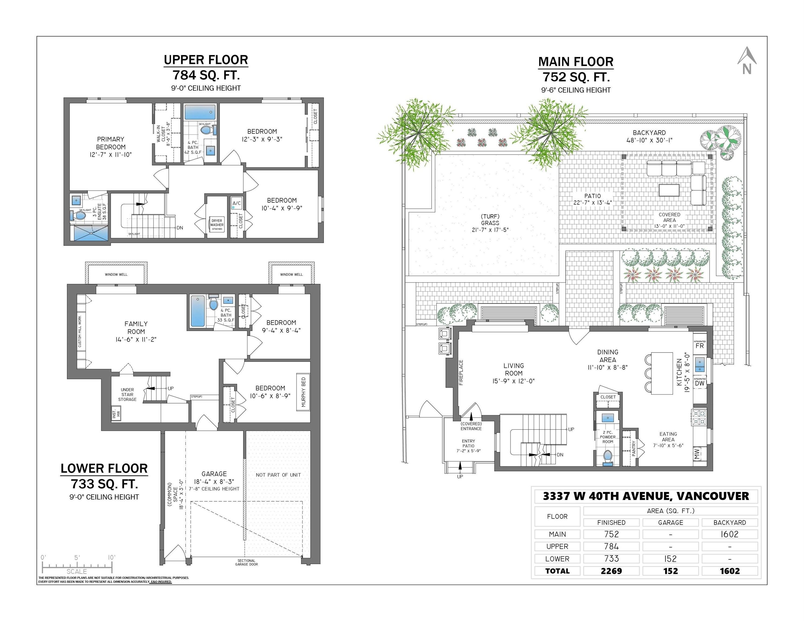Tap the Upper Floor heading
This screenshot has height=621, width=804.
click(x=206, y=60)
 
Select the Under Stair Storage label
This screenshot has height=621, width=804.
click(x=127, y=394)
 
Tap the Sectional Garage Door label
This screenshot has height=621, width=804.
click(x=246, y=563)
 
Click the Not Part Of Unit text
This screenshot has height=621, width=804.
click(x=278, y=475)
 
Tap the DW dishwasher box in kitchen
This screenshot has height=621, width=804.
click(x=699, y=383)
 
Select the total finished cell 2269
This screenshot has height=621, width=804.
click(x=611, y=571)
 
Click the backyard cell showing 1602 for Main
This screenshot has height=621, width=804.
click(x=729, y=534)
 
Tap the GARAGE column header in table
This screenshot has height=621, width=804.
click(x=670, y=522)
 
